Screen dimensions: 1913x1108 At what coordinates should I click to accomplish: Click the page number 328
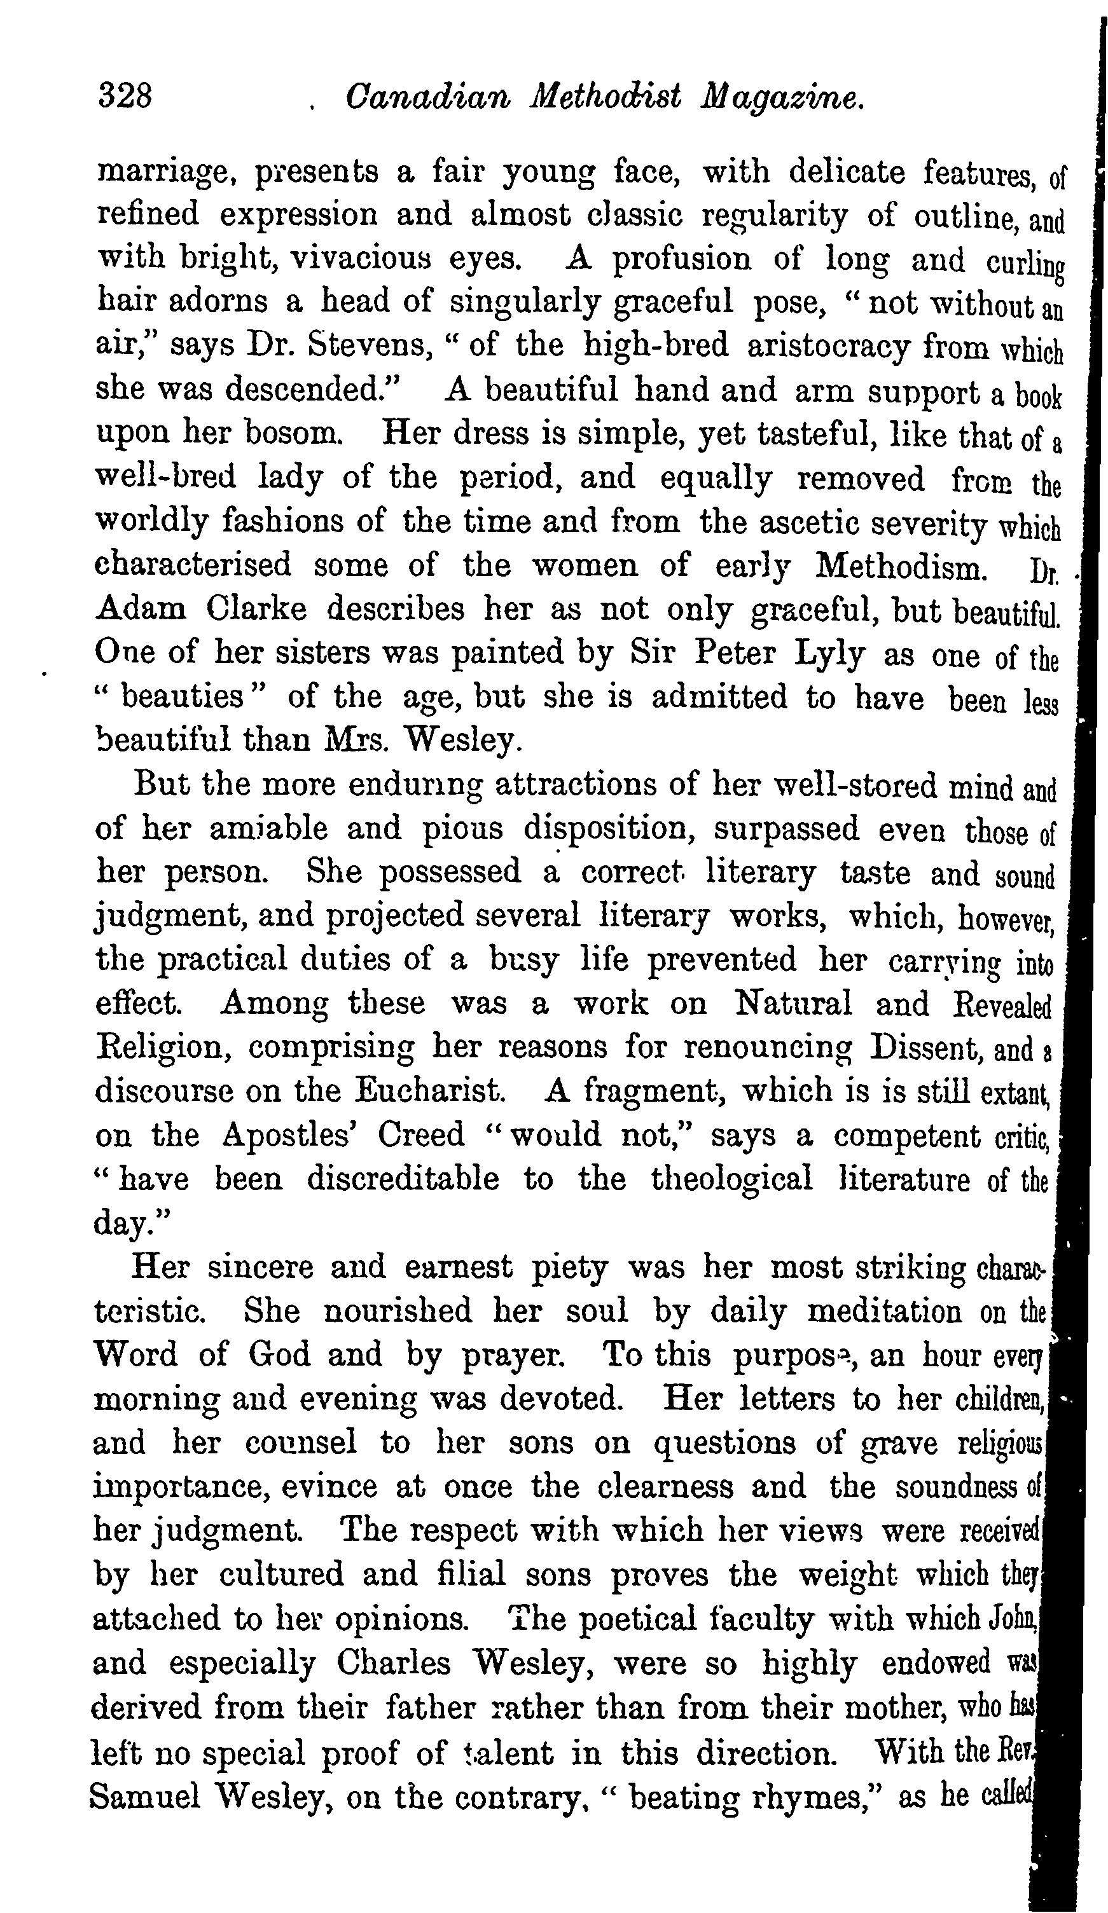pyautogui.click(x=125, y=97)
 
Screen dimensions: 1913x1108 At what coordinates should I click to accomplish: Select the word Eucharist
pyautogui.click(x=429, y=1091)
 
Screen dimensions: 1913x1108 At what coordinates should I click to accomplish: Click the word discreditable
pyautogui.click(x=403, y=1179)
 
